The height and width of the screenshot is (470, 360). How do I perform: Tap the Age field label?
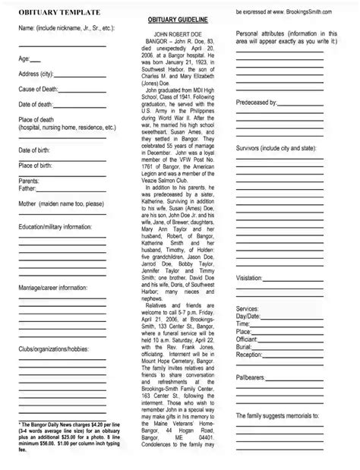pos(24,58)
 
